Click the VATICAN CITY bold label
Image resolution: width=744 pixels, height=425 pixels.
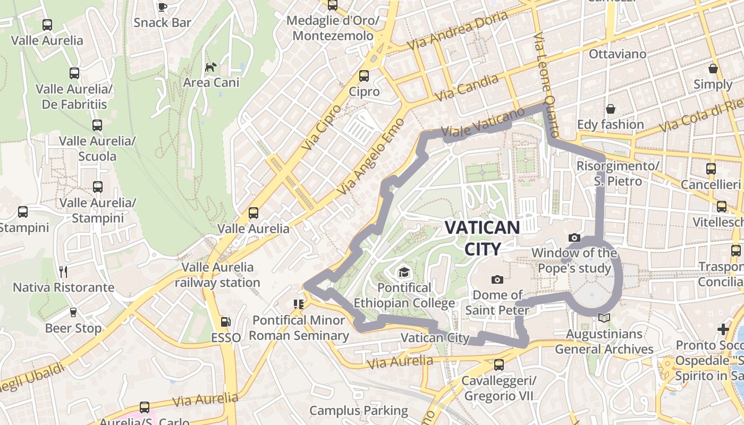(482, 238)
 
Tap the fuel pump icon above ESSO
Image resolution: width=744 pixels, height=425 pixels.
(226, 321)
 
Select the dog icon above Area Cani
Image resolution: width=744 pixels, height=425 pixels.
(211, 67)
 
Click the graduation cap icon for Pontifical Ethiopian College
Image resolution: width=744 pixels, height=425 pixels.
(404, 273)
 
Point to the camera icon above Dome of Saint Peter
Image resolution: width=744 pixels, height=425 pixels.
(497, 279)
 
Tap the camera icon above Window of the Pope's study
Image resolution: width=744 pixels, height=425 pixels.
(574, 237)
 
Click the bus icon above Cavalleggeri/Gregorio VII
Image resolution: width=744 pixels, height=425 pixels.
(498, 364)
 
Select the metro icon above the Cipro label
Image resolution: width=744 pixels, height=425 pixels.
(364, 75)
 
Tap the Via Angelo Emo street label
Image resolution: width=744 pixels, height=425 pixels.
(371, 156)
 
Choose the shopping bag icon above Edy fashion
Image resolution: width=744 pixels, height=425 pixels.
(611, 109)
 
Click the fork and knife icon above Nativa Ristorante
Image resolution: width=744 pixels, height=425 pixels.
(63, 272)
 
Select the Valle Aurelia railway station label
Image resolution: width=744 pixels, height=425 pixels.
(217, 275)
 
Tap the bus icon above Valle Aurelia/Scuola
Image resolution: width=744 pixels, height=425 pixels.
(97, 125)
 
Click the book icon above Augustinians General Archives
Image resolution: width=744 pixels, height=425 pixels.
(604, 318)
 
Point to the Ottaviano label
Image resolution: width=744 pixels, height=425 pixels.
(618, 54)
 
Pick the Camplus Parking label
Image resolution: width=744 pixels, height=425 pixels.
(358, 410)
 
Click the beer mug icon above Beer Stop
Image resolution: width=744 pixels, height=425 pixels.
(73, 312)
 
